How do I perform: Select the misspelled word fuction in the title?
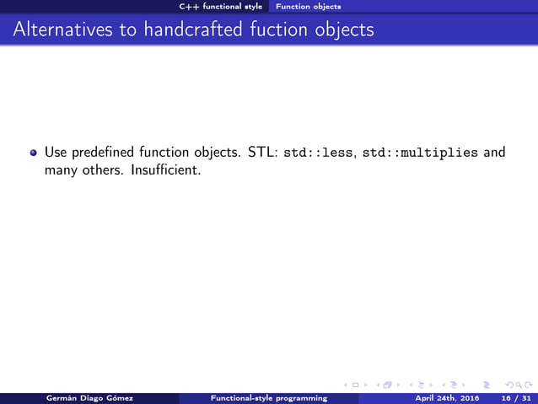[x=277, y=30]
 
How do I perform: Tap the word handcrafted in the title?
[x=195, y=30]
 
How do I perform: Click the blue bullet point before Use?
[x=34, y=154]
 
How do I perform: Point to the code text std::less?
[x=318, y=154]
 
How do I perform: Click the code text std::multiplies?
[x=420, y=154]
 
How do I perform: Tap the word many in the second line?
[x=60, y=170]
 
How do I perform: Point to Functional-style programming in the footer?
[x=268, y=397]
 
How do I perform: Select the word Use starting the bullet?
[x=55, y=154]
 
